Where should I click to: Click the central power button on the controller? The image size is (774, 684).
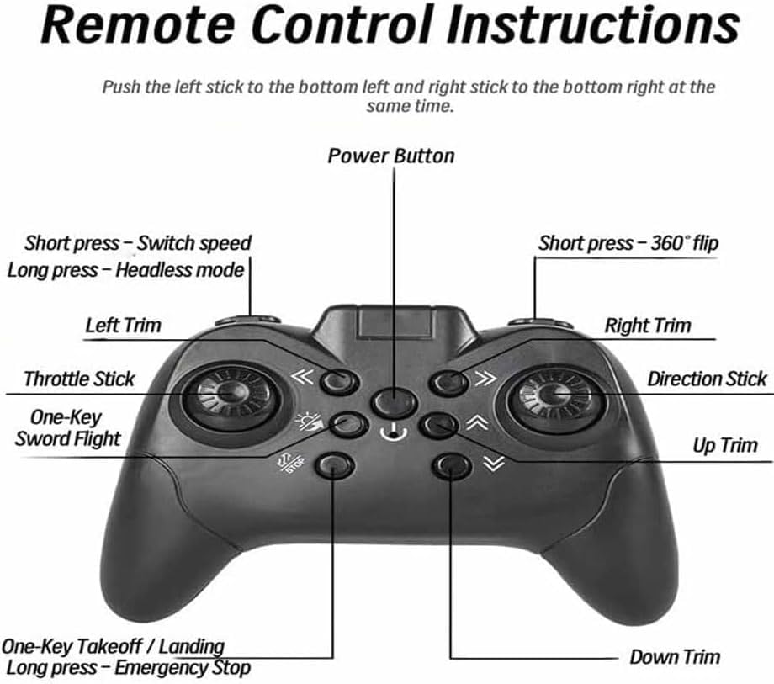tap(394, 401)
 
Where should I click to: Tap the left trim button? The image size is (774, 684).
tap(339, 381)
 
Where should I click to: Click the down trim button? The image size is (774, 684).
tap(452, 465)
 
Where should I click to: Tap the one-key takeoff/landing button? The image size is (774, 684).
tap(334, 465)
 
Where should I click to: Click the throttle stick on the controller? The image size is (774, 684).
tap(231, 395)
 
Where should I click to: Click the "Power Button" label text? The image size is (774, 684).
tap(391, 156)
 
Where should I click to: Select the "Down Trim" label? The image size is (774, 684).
tap(675, 657)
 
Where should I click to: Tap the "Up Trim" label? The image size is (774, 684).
tap(724, 445)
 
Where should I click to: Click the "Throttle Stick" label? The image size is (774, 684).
tap(79, 379)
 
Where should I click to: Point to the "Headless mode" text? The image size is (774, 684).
tap(180, 270)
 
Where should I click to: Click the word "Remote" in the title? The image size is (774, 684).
tap(138, 24)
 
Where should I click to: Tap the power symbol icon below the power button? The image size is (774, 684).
tap(394, 433)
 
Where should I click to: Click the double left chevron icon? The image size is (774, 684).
tap(302, 377)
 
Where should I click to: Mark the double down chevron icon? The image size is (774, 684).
tap(494, 464)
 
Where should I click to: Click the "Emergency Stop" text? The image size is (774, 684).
tap(183, 668)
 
